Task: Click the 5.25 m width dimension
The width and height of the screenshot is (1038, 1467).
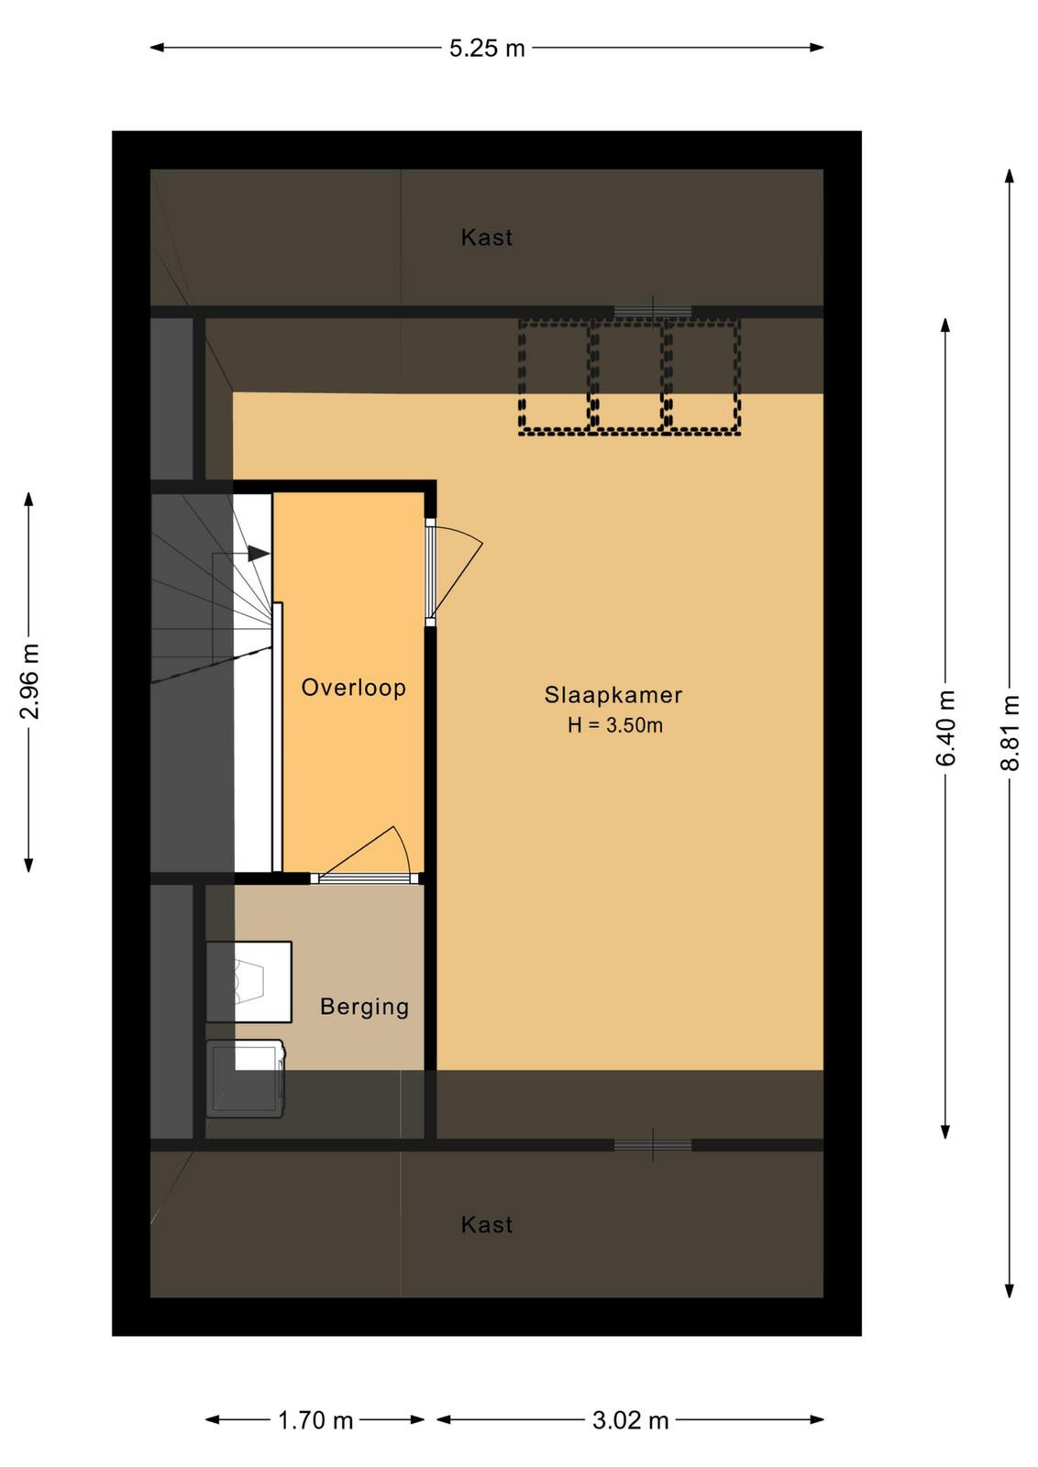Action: tap(487, 49)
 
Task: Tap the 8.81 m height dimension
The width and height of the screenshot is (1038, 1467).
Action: tap(1010, 733)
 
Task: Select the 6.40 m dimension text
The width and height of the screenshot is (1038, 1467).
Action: tap(945, 728)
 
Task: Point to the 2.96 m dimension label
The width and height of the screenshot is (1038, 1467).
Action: tap(29, 681)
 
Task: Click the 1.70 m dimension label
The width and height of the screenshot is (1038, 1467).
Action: tap(315, 1420)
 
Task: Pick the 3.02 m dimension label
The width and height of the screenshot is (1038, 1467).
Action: tap(630, 1420)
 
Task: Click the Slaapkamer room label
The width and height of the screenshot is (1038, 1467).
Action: tap(613, 695)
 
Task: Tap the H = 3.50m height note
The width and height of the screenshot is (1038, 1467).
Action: tap(615, 725)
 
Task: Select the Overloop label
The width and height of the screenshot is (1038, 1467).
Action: tap(354, 687)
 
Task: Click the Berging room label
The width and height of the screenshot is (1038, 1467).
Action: tap(364, 1006)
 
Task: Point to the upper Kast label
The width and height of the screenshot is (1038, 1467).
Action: tap(487, 237)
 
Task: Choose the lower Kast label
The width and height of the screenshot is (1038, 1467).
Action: tap(487, 1225)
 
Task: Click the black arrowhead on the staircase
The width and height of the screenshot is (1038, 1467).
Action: tap(259, 554)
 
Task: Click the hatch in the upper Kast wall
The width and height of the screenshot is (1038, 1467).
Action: tap(652, 311)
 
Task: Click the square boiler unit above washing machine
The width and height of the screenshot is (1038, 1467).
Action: tap(248, 982)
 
